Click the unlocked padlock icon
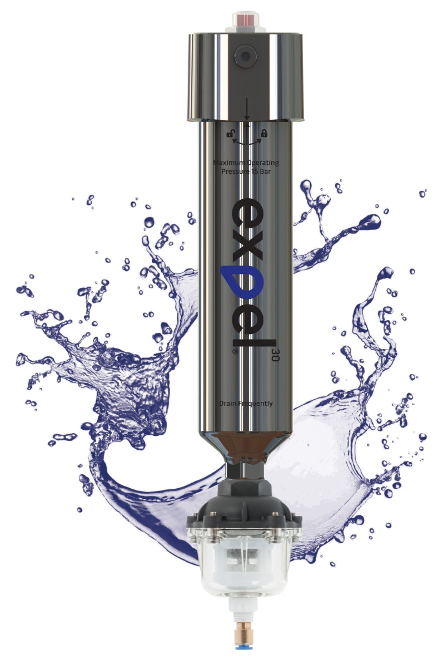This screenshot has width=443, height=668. (x=230, y=133)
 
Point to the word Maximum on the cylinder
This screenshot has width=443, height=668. (x=228, y=163)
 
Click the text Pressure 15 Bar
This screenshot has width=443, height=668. (x=246, y=171)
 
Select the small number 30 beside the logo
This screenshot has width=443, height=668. (x=274, y=356)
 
